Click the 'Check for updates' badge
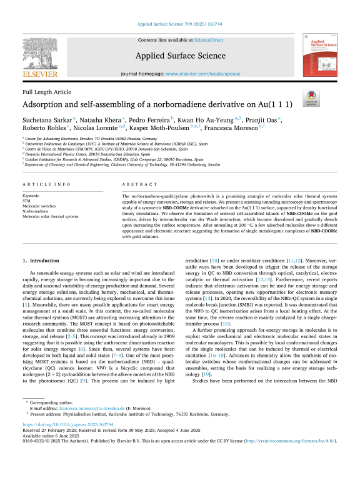click(x=328, y=97)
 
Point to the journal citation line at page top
click(x=180, y=25)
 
